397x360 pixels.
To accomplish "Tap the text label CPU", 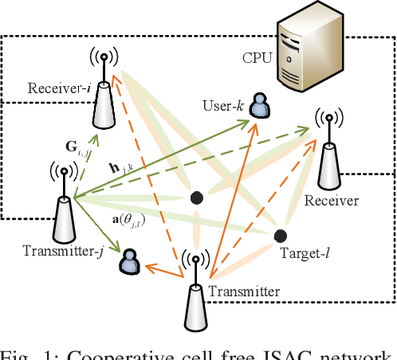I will tap(257, 57).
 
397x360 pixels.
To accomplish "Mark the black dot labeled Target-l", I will tap(280, 236).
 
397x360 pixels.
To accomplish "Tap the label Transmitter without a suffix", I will tap(243, 292).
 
